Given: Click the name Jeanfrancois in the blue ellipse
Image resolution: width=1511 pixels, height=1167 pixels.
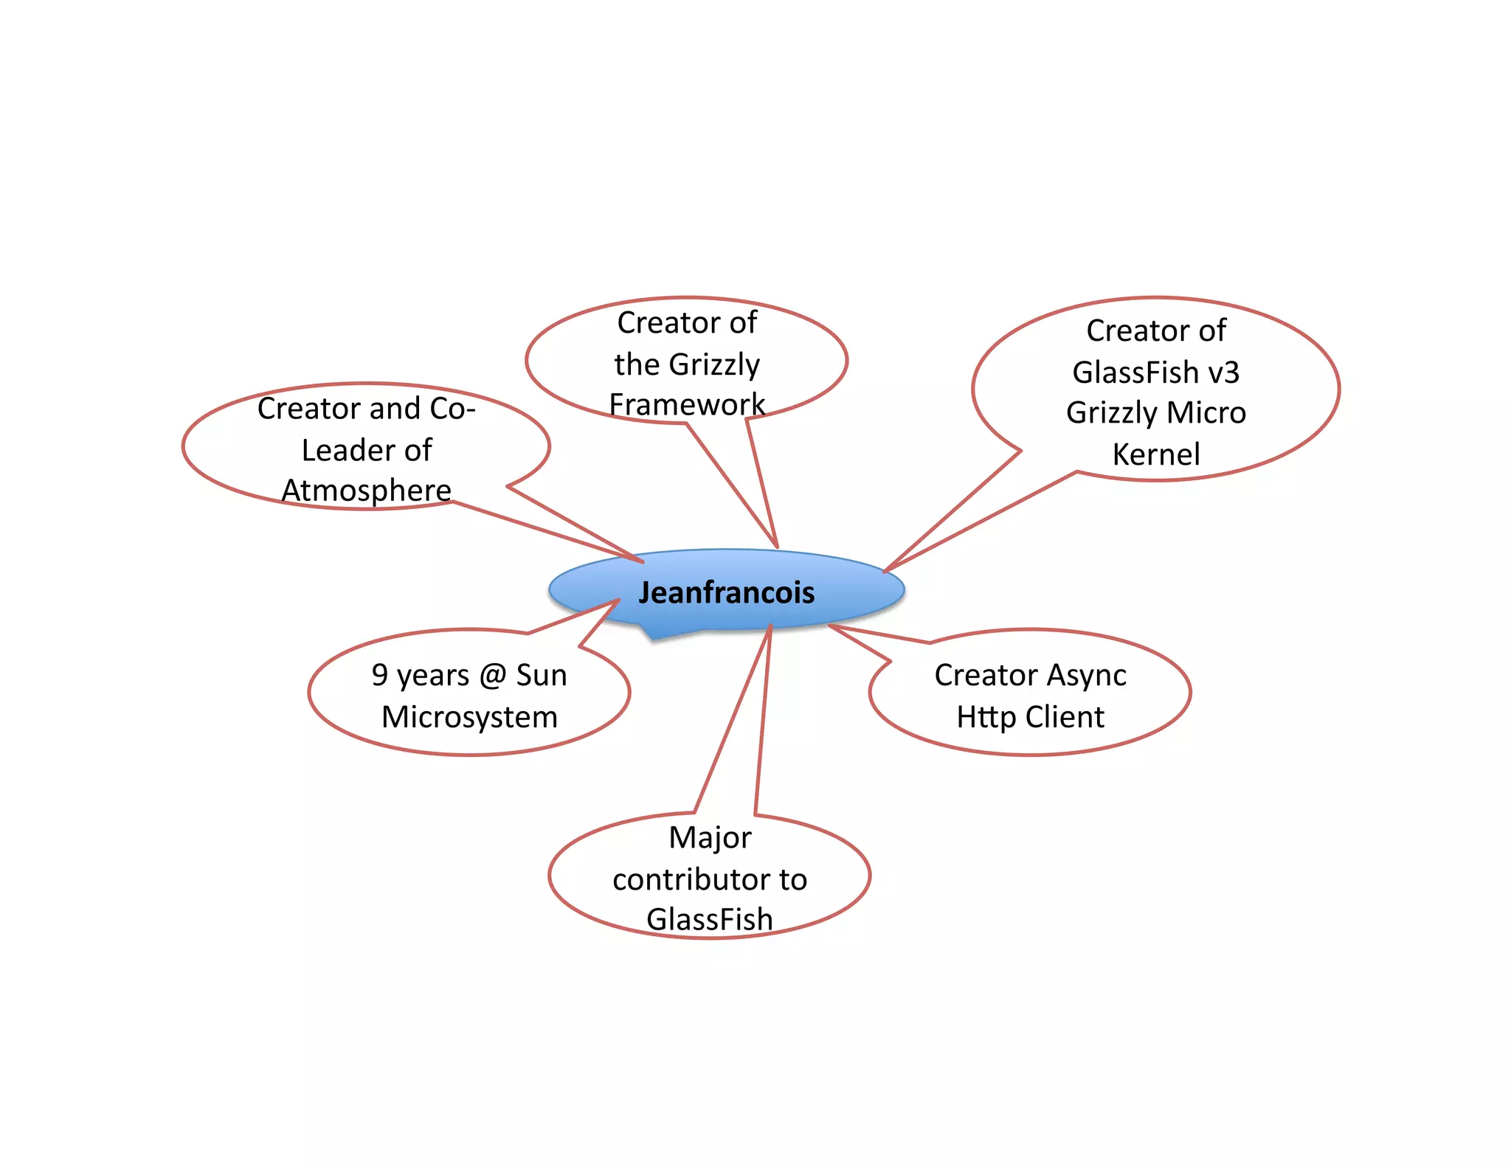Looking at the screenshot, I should [x=726, y=592].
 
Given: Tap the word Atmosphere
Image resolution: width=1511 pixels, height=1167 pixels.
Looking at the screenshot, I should [x=366, y=491].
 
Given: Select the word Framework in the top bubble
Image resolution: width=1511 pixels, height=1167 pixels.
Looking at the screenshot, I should [x=687, y=404].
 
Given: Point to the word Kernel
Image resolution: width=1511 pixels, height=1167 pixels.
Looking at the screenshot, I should [x=1156, y=454].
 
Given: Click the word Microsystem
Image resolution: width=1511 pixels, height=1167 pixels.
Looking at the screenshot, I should [x=469, y=717].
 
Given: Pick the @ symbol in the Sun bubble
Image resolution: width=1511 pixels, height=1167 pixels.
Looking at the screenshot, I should [x=491, y=676].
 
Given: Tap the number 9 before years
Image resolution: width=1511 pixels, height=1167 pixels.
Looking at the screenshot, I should [x=379, y=675].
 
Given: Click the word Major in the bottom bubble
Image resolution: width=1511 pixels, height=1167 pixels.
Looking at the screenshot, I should [x=710, y=838].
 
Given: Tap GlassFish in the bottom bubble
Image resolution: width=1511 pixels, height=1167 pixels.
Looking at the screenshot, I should [x=710, y=920].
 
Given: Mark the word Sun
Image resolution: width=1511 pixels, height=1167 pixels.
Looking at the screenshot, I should [x=542, y=676].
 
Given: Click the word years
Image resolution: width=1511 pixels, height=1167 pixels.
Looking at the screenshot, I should [x=433, y=676].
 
